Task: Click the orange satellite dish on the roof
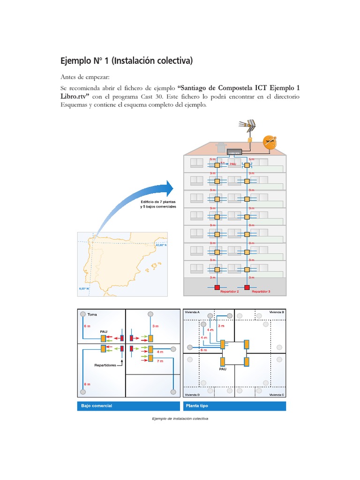(x=270, y=142)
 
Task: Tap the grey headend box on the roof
(x=234, y=152)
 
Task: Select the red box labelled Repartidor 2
(x=217, y=287)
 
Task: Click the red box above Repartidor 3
(x=247, y=287)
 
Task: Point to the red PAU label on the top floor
(x=232, y=165)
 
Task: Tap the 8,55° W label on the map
(x=85, y=289)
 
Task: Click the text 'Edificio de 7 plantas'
(x=157, y=202)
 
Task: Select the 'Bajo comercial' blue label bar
(x=128, y=405)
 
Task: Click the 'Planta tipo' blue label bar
(x=234, y=405)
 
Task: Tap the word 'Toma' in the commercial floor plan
(x=92, y=315)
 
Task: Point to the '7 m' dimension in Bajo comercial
(x=160, y=361)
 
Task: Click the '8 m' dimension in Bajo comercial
(x=87, y=384)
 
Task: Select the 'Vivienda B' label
(x=276, y=312)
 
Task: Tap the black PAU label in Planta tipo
(x=223, y=369)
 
